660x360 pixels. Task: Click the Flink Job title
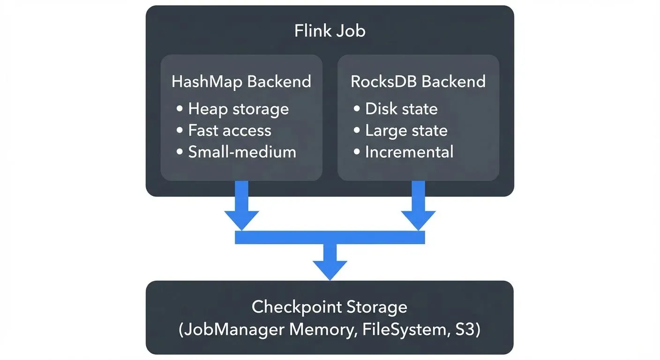(x=330, y=31)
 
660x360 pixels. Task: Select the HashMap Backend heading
(x=241, y=82)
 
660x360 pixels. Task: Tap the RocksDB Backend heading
(x=418, y=82)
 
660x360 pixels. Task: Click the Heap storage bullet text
(x=238, y=109)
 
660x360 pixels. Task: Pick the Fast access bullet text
(x=230, y=130)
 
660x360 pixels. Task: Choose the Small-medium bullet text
(x=242, y=152)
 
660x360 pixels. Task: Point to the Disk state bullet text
(x=401, y=109)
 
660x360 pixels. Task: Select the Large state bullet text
(x=406, y=130)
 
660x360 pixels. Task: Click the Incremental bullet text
(x=409, y=152)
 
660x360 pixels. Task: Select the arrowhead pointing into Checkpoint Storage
(x=330, y=270)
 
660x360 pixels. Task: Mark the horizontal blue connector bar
(x=330, y=238)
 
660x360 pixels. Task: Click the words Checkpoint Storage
(x=330, y=307)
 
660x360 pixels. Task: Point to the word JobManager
(x=232, y=330)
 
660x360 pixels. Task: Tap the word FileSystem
(x=402, y=330)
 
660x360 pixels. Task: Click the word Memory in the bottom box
(x=319, y=330)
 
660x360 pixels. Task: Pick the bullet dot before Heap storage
(x=180, y=109)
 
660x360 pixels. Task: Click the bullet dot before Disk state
(x=357, y=109)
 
